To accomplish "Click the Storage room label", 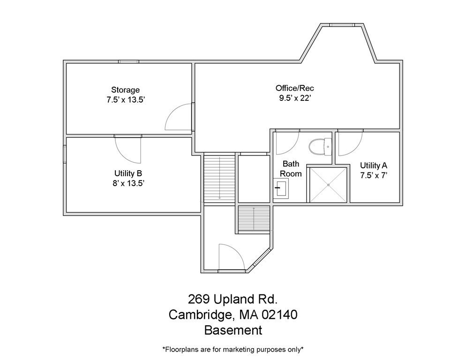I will (125, 90).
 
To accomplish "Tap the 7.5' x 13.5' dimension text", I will (125, 99).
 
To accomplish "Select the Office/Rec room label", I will (294, 88).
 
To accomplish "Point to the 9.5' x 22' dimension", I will (294, 98).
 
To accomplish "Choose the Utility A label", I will (373, 165).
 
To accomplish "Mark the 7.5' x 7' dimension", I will (373, 175).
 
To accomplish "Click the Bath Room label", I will (291, 169).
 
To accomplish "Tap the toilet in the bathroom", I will (320, 147).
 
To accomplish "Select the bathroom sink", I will (281, 190).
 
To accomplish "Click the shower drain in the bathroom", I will (328, 184).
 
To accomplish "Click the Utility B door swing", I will (128, 149).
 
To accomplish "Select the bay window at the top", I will (341, 24).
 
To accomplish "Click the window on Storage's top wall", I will (128, 61).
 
